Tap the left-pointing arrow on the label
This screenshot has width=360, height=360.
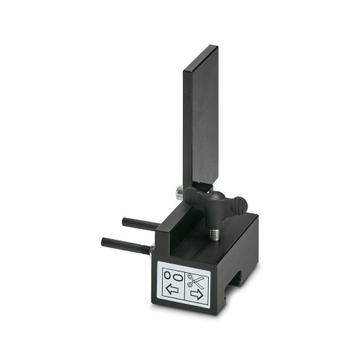tap(171, 289)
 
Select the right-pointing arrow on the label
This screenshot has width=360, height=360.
tap(195, 294)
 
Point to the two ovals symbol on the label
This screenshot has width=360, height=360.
tap(171, 274)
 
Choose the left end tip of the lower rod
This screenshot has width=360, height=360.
tap(105, 240)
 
